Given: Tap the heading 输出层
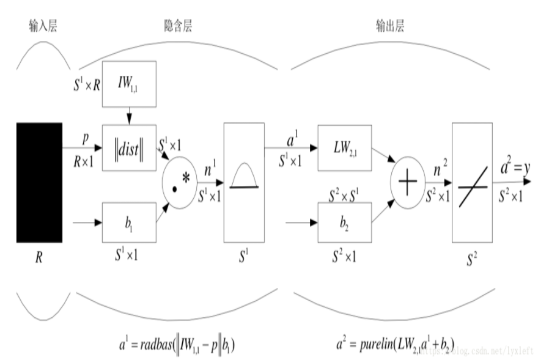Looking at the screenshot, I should (x=389, y=25).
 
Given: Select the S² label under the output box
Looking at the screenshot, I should (x=471, y=259).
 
